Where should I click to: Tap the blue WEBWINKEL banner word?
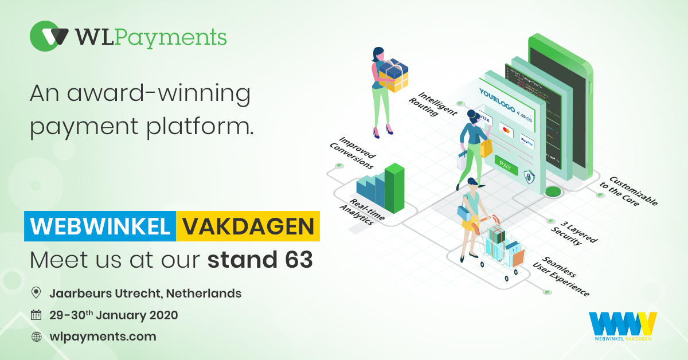(x=100, y=226)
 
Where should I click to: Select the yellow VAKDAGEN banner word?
(x=248, y=226)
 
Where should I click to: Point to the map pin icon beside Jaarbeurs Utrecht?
(x=36, y=294)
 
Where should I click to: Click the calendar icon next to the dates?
(x=36, y=315)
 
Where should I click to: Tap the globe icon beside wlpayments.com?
(x=36, y=336)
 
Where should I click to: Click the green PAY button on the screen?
(x=505, y=166)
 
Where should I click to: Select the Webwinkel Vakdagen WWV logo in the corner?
(x=622, y=327)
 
